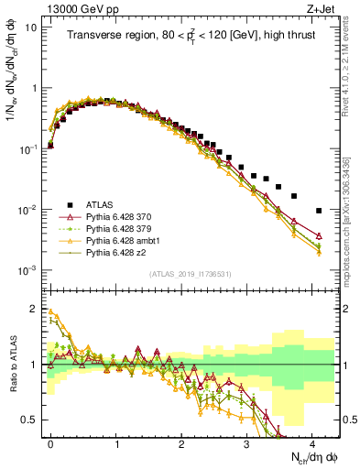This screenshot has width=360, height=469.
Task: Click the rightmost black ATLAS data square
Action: [x=319, y=211]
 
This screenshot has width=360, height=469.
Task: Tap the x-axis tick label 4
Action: [x=312, y=442]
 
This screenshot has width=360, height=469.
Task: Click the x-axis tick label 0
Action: [x=50, y=442]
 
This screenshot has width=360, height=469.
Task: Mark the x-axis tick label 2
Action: [x=181, y=442]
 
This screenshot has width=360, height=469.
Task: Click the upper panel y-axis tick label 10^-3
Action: [x=30, y=270]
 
